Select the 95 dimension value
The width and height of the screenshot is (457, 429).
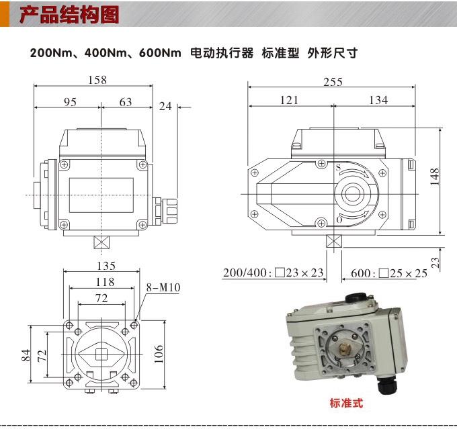click(71, 101)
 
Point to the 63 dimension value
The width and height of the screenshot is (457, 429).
click(126, 101)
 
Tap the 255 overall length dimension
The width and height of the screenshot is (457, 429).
click(333, 82)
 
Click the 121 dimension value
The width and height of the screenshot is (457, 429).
click(289, 100)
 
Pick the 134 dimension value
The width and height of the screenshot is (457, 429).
click(378, 100)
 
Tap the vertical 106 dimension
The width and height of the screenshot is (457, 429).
click(159, 352)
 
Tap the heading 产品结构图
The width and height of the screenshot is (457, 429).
click(69, 15)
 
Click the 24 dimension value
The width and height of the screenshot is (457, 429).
click(165, 106)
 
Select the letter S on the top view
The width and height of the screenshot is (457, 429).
click(338, 167)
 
